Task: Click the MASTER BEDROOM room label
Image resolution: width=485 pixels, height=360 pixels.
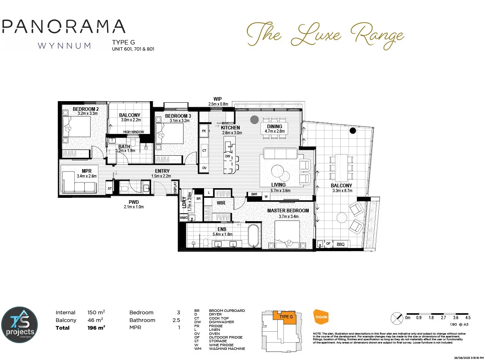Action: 288,210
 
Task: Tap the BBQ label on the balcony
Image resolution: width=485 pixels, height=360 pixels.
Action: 341,244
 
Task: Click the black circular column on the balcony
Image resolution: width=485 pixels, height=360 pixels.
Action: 353,130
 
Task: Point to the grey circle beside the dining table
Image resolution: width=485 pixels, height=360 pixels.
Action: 254,119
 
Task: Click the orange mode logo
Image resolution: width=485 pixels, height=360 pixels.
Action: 321,316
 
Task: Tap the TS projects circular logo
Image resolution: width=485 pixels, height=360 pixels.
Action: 19,324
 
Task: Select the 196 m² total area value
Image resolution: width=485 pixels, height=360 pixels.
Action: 96,327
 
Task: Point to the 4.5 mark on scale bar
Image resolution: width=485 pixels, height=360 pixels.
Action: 468,318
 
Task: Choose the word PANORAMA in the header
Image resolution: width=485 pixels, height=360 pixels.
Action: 63,26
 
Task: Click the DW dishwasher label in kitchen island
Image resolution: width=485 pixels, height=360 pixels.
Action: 228,156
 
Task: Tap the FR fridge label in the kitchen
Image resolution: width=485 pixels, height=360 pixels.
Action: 204,131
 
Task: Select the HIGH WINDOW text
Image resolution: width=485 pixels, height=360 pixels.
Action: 134,132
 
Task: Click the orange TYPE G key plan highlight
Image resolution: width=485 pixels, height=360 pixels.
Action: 285,317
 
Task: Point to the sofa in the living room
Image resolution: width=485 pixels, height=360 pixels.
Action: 280,154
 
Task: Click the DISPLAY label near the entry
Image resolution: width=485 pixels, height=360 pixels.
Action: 175,187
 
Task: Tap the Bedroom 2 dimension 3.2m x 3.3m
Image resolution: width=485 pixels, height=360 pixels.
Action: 88,114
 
